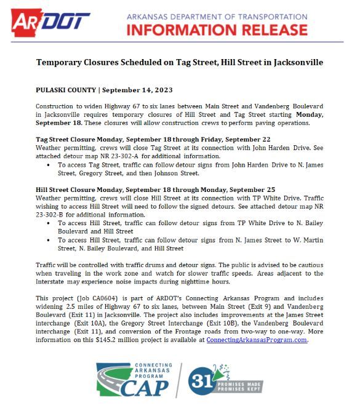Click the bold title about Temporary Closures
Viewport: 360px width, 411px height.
coord(180,63)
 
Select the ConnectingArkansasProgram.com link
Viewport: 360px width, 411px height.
coord(257,340)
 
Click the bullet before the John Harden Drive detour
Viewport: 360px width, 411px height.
coord(49,165)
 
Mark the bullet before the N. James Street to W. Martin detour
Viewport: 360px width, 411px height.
coord(49,240)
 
